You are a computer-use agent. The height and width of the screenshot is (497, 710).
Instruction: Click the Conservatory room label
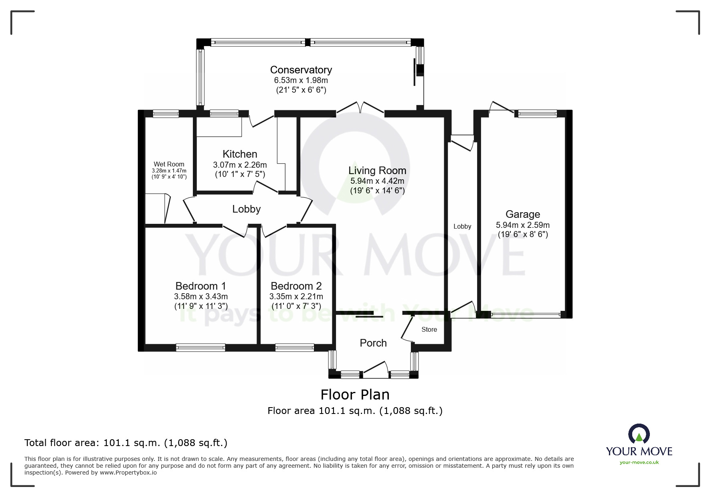click(301, 70)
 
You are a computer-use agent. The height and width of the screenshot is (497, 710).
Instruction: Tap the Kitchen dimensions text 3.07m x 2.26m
click(240, 164)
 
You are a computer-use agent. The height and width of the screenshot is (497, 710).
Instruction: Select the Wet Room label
click(169, 164)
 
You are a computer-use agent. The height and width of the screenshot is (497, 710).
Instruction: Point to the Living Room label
click(377, 170)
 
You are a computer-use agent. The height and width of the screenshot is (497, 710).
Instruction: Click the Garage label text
click(523, 214)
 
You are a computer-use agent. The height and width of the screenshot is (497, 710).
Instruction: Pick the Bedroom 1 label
click(201, 286)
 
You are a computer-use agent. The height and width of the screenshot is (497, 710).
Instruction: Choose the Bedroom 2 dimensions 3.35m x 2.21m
click(296, 296)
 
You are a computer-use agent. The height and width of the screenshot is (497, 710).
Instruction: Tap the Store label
click(429, 329)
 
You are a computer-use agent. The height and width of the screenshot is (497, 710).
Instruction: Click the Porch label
click(373, 343)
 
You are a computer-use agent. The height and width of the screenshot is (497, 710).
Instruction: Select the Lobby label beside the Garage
click(462, 226)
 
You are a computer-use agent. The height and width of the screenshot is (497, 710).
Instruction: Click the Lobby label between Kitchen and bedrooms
click(247, 209)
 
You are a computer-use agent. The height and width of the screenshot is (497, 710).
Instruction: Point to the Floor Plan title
click(355, 395)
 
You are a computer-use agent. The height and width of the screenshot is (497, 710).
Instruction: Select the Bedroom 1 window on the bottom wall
click(200, 347)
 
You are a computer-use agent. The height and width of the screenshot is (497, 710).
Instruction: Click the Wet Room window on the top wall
click(166, 114)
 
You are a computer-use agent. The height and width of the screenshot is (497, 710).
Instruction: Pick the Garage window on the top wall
click(538, 114)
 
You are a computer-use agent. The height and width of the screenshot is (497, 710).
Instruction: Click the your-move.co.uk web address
click(639, 462)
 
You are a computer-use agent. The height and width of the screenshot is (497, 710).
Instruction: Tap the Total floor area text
click(126, 443)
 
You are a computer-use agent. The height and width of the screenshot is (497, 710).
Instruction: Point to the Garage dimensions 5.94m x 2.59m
click(523, 225)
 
